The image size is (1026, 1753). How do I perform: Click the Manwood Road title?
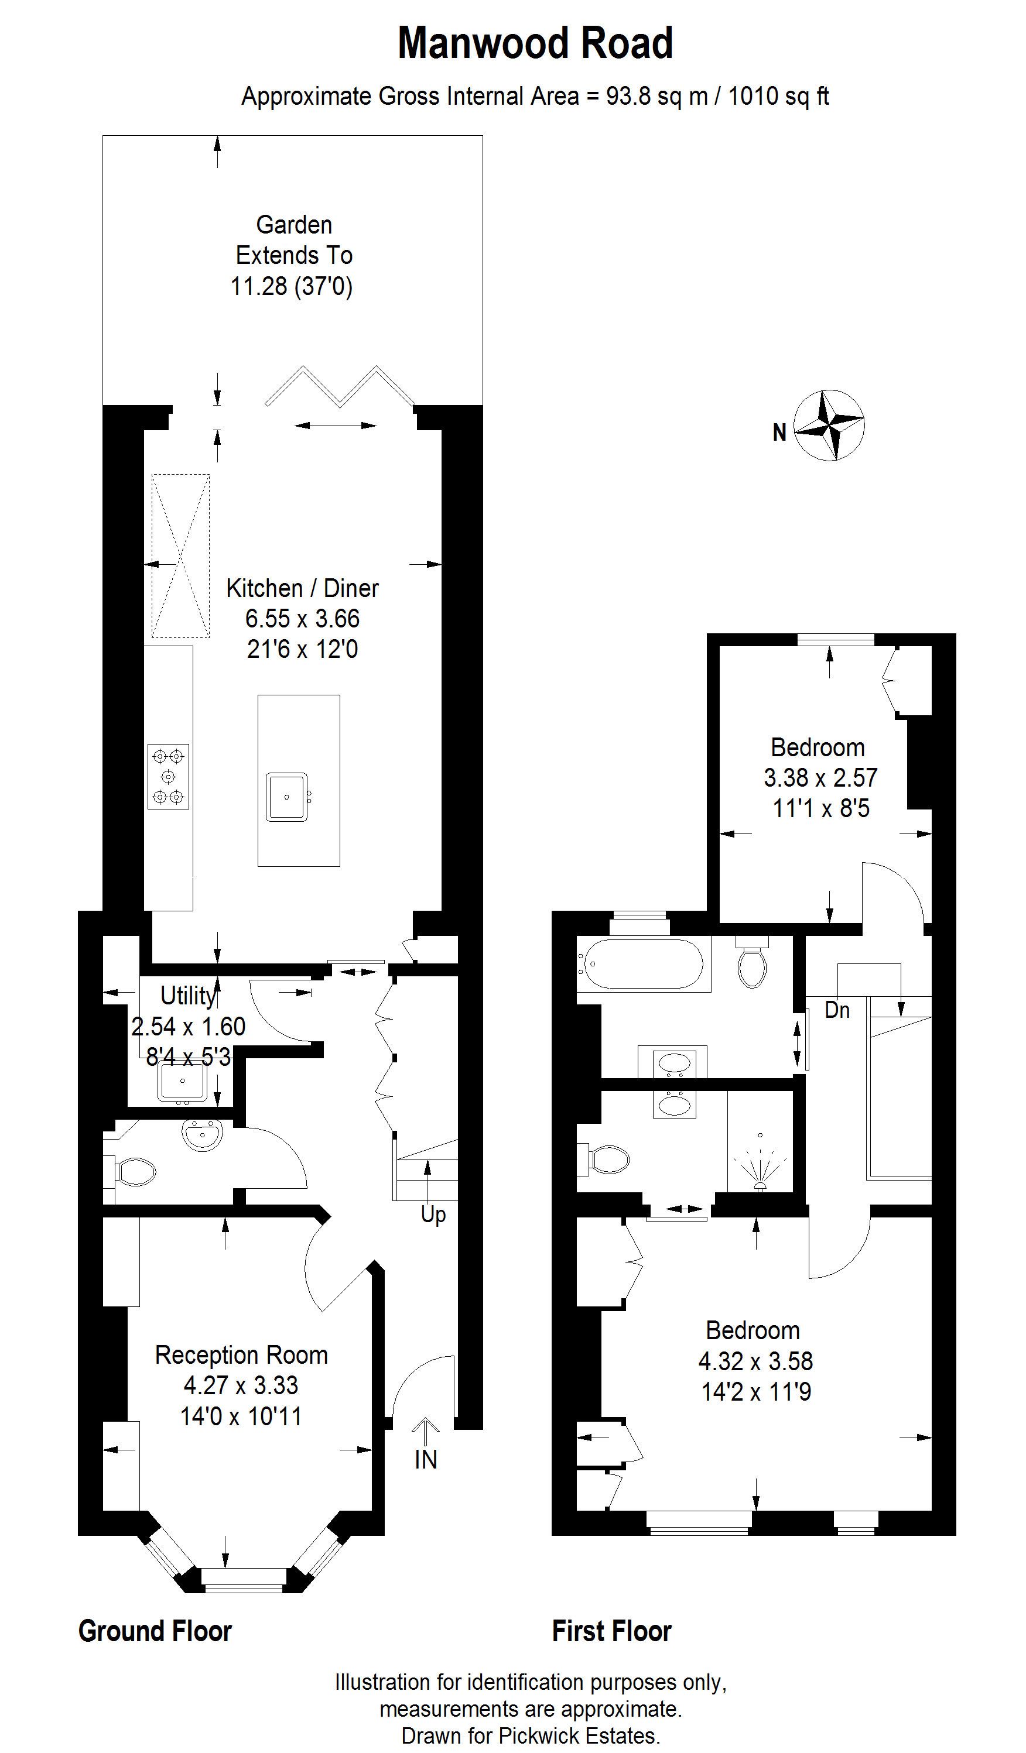[x=535, y=43]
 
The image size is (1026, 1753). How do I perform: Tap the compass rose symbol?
[x=829, y=425]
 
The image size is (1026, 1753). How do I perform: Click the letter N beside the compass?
[x=779, y=433]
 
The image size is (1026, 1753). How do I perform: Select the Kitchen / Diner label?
[x=302, y=588]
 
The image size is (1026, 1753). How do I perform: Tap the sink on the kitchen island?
[x=287, y=797]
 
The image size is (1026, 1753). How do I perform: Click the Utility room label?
[x=188, y=996]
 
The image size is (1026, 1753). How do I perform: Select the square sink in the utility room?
[x=182, y=1082]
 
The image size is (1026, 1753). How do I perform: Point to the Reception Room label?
[x=241, y=1354]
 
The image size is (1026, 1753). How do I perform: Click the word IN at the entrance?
[x=426, y=1459]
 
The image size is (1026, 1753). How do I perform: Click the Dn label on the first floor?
[x=837, y=1010]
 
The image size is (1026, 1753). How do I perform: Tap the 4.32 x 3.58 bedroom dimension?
[x=756, y=1361]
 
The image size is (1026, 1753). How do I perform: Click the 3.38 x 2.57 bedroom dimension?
[x=820, y=778]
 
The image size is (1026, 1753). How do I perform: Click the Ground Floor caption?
[x=155, y=1631]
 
